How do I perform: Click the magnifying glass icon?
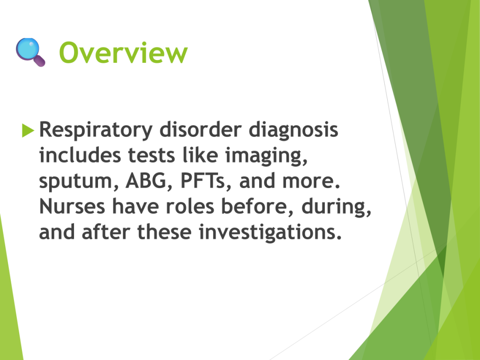[30, 52]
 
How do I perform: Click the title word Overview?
[123, 52]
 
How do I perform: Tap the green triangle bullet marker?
[28, 130]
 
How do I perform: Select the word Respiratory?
[96, 130]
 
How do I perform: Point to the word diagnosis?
[293, 130]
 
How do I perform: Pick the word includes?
[80, 155]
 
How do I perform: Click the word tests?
[151, 156]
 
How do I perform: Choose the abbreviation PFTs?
[202, 180]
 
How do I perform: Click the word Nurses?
[72, 206]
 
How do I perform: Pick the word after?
[106, 232]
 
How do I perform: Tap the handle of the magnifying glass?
[39, 60]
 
